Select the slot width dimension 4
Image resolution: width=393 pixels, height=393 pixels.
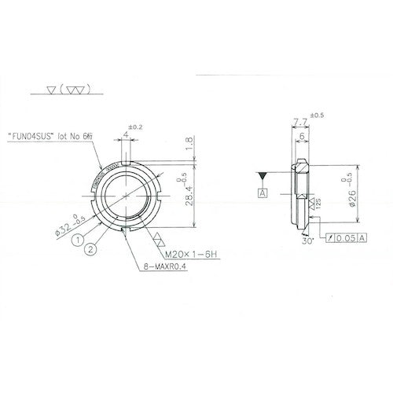pos(124,135)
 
